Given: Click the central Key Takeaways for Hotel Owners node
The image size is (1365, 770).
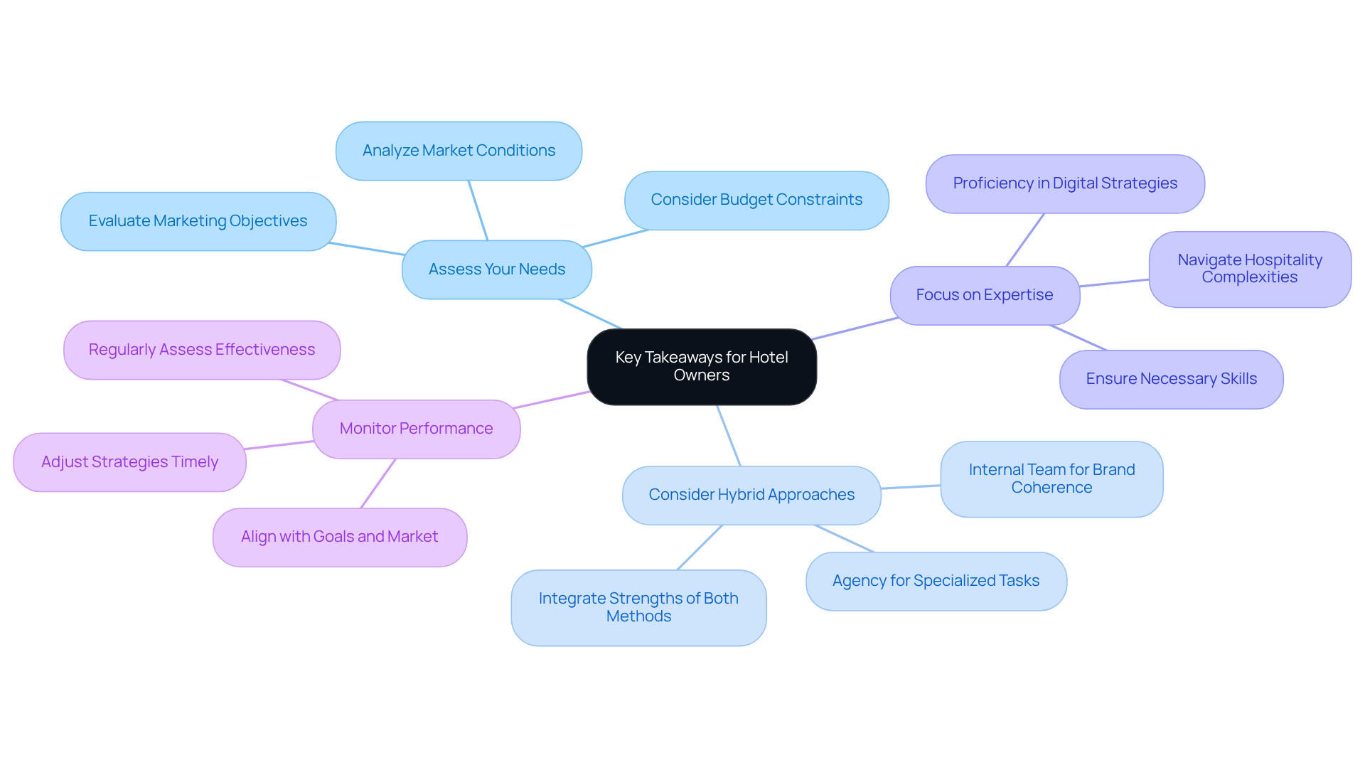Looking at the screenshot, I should pyautogui.click(x=701, y=366).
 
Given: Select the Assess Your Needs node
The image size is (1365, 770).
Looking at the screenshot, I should pyautogui.click(x=496, y=269).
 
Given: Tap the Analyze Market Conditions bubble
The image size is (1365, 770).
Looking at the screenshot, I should pyautogui.click(x=459, y=151).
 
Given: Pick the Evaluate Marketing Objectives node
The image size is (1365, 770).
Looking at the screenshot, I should pyautogui.click(x=198, y=221).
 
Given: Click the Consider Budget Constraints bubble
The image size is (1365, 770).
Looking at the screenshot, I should pyautogui.click(x=756, y=200).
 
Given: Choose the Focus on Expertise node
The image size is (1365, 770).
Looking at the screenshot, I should pyautogui.click(x=984, y=295).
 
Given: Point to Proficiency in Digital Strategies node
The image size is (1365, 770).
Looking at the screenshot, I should pyautogui.click(x=1064, y=183).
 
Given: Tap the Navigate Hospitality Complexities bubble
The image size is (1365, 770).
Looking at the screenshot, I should pyautogui.click(x=1249, y=269).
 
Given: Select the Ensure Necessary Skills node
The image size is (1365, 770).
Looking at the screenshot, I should pyautogui.click(x=1171, y=379).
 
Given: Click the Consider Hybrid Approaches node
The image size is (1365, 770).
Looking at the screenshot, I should pyautogui.click(x=751, y=495).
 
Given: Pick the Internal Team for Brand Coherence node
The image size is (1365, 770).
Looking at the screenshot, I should pyautogui.click(x=1051, y=478).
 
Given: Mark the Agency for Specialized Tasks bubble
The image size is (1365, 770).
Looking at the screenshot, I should pyautogui.click(x=936, y=581).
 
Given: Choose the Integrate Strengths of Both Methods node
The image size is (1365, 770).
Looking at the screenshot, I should pyautogui.click(x=638, y=607).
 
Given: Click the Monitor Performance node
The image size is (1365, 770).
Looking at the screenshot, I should pyautogui.click(x=416, y=429).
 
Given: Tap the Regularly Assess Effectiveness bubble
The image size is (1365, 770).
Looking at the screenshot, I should pyautogui.click(x=201, y=350).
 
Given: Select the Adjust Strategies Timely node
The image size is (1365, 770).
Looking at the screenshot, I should pyautogui.click(x=129, y=462).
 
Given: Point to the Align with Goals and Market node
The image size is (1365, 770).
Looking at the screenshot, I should pyautogui.click(x=339, y=537).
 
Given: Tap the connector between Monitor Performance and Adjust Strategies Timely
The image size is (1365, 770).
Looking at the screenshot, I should pyautogui.click(x=279, y=445).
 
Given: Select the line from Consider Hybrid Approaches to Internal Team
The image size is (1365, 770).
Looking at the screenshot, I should pyautogui.click(x=911, y=487).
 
